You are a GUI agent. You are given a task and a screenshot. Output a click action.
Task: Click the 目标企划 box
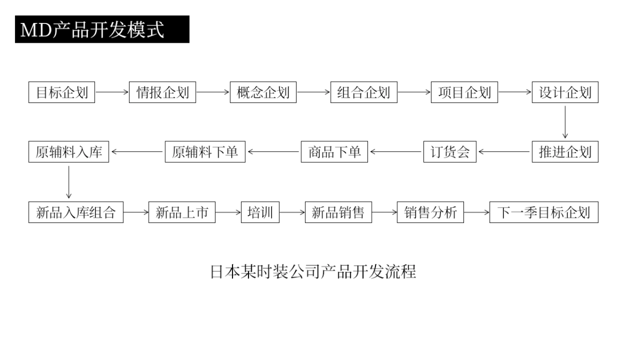61,92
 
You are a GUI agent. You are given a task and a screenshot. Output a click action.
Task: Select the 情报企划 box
162,92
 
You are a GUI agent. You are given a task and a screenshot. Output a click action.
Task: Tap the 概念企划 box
263,92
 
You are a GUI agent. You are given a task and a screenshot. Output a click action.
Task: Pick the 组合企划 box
364,92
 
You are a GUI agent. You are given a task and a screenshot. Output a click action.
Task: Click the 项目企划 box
464,92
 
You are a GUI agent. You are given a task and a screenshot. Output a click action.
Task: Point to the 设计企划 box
565,92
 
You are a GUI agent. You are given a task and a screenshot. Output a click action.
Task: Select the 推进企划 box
565,152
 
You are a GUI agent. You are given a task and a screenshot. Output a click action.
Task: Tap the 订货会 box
450,152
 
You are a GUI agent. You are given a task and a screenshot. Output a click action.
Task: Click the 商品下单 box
334,152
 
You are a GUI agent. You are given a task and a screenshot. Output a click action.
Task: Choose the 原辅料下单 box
205,152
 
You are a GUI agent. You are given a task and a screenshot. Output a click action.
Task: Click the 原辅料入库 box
69,152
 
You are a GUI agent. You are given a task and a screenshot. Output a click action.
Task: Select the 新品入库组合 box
76,213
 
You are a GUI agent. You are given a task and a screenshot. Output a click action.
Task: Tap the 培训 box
260,213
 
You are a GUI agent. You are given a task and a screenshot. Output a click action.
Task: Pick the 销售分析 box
430,213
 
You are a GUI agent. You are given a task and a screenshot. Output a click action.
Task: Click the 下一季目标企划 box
543,213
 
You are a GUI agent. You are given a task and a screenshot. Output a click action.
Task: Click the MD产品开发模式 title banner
102,29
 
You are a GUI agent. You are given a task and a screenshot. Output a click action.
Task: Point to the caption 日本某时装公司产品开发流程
313,271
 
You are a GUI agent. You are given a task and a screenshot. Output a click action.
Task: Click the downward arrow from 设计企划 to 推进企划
565,122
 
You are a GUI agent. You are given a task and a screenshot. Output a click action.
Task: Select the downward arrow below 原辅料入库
69,182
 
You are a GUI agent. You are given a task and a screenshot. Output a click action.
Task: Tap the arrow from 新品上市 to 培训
228,213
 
